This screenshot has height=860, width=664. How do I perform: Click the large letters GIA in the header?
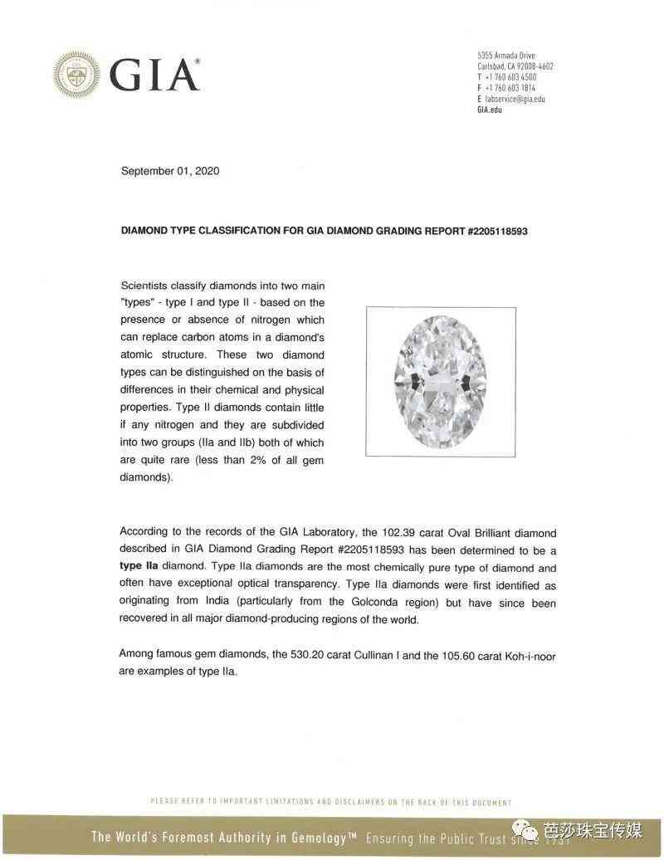point(154,75)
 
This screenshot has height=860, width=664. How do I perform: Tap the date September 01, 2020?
point(170,171)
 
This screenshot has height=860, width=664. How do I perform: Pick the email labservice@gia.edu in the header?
point(515,99)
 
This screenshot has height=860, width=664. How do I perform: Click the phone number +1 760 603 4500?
point(510,77)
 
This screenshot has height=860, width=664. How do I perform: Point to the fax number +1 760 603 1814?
point(510,88)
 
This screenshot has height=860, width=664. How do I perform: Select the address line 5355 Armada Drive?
point(505,56)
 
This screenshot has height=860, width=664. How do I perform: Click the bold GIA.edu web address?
point(490,110)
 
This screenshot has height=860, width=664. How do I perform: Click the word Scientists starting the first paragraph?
point(144,284)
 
